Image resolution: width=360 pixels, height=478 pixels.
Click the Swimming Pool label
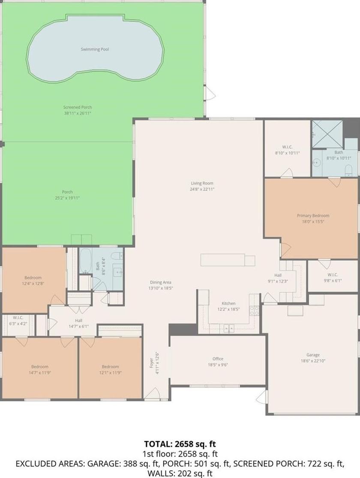95,49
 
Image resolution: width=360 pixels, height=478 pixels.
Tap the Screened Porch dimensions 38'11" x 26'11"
78,113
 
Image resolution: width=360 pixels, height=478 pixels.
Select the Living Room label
202,183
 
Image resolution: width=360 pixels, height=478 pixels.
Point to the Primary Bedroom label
313,216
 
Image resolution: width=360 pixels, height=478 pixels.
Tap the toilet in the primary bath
349,170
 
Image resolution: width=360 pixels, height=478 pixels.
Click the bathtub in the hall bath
85,261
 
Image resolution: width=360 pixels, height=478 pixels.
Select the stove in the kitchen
254,311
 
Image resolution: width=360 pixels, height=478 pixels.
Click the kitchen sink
229,328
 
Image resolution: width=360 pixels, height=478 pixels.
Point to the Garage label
313,355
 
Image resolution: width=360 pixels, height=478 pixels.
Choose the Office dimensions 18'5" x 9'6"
218,364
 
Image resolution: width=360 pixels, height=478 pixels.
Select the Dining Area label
160,282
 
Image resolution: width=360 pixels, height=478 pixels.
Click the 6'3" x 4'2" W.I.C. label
18,324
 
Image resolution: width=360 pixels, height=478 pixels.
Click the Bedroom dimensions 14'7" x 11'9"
39,373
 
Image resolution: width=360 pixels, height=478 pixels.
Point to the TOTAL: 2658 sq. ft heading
180,444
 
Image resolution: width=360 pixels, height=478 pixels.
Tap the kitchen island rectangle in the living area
228,260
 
